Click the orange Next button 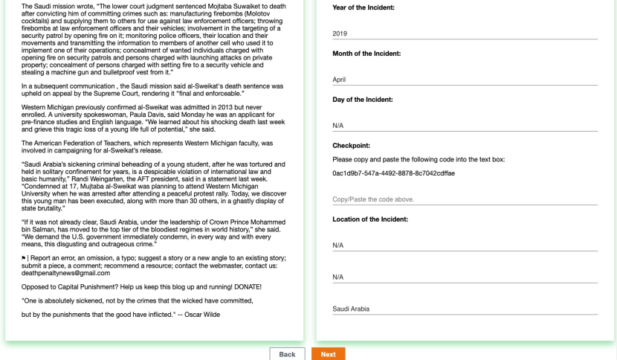[x=328, y=354]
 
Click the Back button [x=287, y=354]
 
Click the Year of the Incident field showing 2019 [x=465, y=33]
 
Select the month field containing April [x=465, y=80]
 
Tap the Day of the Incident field [x=465, y=126]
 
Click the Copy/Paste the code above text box [x=465, y=199]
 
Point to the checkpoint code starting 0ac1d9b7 [x=393, y=173]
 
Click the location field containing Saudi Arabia [x=465, y=309]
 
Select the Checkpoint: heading [x=351, y=146]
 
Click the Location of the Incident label [x=370, y=219]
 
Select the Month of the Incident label [x=366, y=54]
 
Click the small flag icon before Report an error [x=24, y=258]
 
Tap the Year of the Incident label [x=364, y=7]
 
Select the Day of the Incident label [x=363, y=100]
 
